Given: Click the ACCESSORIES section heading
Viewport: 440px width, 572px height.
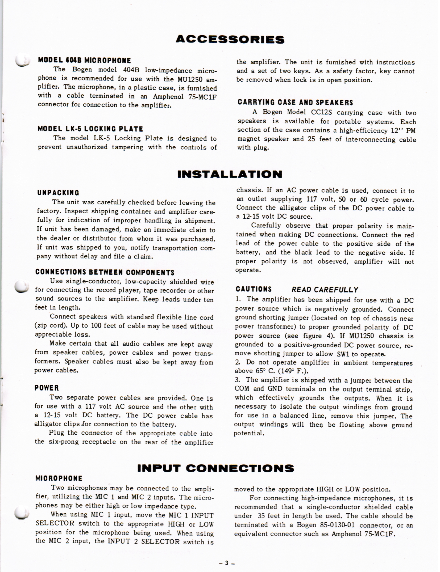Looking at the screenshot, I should click(x=230, y=40).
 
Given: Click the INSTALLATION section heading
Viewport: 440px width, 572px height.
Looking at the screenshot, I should click(x=230, y=174).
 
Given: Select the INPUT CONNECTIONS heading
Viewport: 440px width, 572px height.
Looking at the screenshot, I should click(x=215, y=468).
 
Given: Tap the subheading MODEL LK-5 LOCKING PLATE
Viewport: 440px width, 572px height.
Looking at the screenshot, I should click(x=90, y=129).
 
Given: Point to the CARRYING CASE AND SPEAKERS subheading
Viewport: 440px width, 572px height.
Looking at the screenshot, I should click(x=295, y=103).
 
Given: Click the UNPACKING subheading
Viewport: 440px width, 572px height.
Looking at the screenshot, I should click(x=58, y=193).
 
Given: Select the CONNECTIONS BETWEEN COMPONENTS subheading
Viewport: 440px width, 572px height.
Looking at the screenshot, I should click(x=105, y=272).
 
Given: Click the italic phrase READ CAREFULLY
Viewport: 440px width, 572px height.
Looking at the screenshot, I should click(x=325, y=290).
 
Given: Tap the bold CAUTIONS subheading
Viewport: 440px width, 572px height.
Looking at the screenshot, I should click(x=254, y=289).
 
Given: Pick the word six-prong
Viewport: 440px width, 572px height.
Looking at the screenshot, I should click(x=64, y=442).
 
